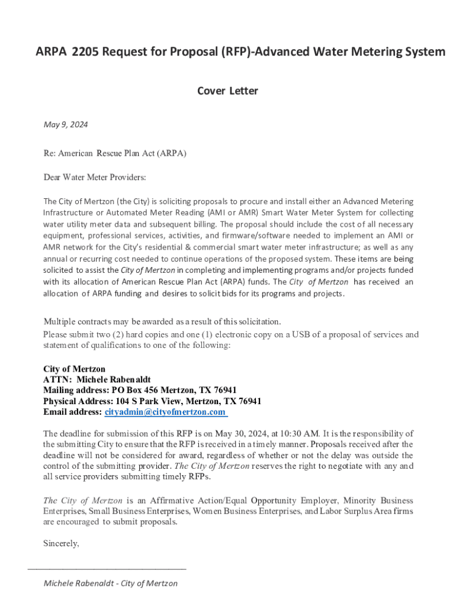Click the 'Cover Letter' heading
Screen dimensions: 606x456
tap(227, 91)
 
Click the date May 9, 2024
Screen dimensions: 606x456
tap(66, 124)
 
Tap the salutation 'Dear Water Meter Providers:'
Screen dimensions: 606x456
tap(95, 178)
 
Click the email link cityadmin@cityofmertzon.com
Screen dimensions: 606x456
tap(165, 412)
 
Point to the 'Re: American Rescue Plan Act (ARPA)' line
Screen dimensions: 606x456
tap(115, 153)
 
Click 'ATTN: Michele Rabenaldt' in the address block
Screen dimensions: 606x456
tap(97, 379)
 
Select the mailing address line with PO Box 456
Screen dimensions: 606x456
tap(140, 390)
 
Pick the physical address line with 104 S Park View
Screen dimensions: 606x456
tap(152, 401)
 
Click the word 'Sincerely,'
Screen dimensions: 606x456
tap(61, 543)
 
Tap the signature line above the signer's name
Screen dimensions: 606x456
tap(107, 568)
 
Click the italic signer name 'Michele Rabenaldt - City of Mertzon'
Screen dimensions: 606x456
tap(111, 584)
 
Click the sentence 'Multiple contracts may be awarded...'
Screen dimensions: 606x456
tap(162, 322)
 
